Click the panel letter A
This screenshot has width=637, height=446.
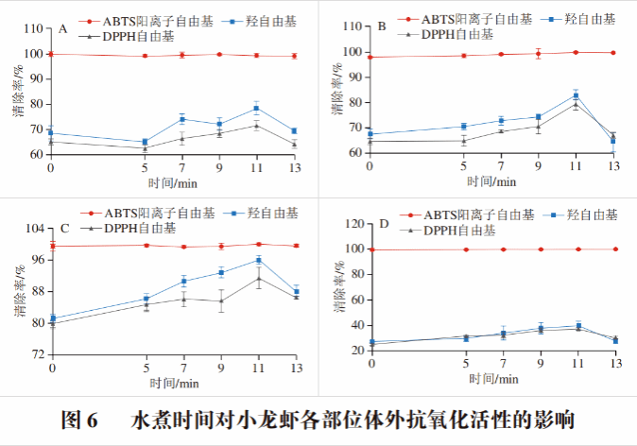pyautogui.click(x=62, y=29)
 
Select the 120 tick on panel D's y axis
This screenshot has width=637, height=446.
pyautogui.click(x=355, y=224)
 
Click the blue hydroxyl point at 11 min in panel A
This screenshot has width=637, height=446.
pyautogui.click(x=256, y=109)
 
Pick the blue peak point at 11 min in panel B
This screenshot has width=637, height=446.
pyautogui.click(x=576, y=95)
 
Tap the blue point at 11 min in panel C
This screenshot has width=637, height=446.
pyautogui.click(x=258, y=260)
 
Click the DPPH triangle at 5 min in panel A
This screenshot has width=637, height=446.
pyautogui.click(x=145, y=148)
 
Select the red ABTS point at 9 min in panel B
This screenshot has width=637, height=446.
pyautogui.click(x=538, y=54)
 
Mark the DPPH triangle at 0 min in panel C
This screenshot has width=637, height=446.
pyautogui.click(x=52, y=323)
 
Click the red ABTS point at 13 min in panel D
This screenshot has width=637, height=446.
pyautogui.click(x=615, y=249)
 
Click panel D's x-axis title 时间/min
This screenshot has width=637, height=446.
pyautogui.click(x=491, y=379)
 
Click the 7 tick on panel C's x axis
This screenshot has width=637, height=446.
pyautogui.click(x=183, y=368)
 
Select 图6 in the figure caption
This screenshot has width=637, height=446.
pyautogui.click(x=79, y=420)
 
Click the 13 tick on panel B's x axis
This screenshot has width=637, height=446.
pyautogui.click(x=613, y=166)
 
